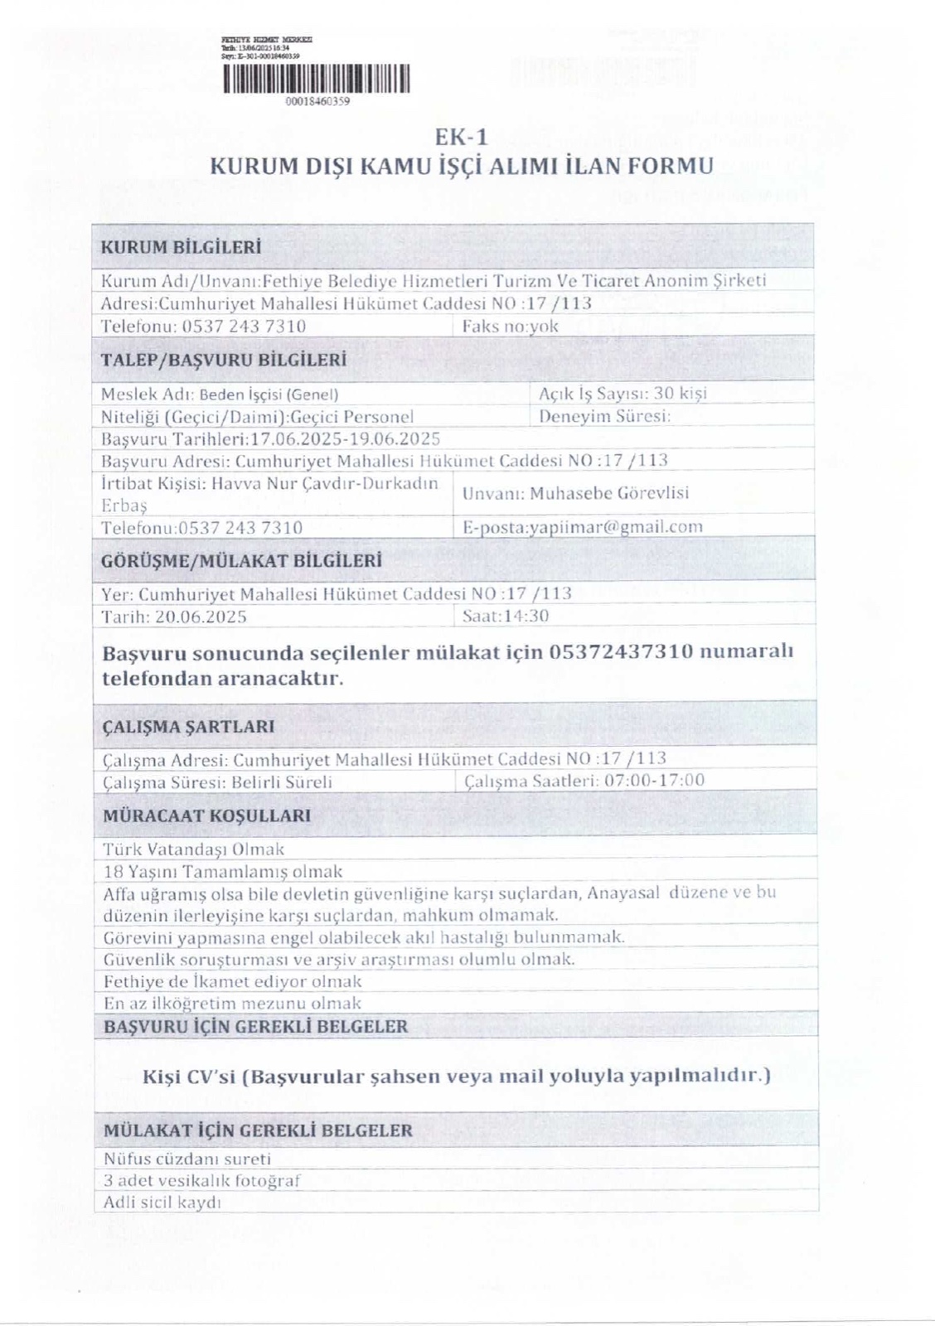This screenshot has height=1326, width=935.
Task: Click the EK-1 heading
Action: (461, 138)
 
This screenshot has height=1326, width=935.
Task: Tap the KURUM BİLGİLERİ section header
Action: (181, 247)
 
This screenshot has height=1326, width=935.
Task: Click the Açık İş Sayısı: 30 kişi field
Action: (623, 394)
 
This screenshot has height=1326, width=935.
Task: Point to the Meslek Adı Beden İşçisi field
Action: (220, 394)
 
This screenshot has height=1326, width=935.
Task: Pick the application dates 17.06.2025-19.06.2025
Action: (345, 438)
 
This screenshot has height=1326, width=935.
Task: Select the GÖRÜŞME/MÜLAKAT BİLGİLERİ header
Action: (241, 560)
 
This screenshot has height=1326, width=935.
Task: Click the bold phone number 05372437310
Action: (620, 651)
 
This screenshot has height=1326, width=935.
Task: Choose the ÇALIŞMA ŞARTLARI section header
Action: (188, 727)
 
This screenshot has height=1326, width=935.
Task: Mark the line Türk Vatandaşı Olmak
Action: (194, 849)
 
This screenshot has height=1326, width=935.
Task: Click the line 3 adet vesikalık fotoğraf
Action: (201, 1181)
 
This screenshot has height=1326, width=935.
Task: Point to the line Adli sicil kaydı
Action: (162, 1203)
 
